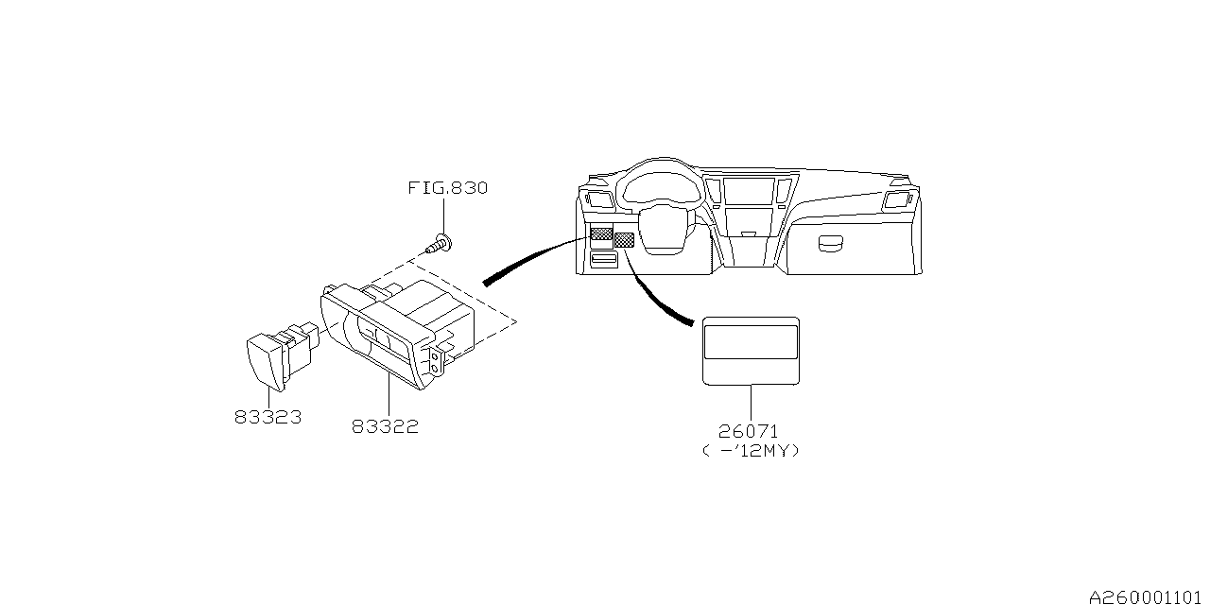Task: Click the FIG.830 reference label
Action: [447, 188]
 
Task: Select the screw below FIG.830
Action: [440, 245]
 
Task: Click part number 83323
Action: [268, 416]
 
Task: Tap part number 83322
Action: [385, 426]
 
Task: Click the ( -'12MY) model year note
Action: [752, 451]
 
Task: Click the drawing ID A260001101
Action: [1149, 597]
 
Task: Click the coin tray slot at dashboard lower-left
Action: [603, 258]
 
